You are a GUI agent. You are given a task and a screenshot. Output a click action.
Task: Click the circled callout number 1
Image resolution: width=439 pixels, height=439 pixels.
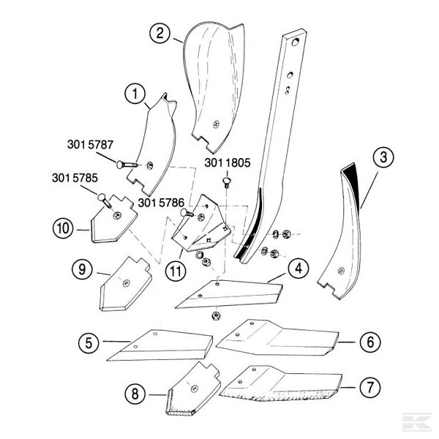pos(133,94)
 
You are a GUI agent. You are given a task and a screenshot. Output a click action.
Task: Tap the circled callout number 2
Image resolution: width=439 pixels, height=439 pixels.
pos(160,32)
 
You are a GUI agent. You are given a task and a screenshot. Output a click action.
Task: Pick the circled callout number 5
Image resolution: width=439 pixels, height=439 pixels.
pos(88,342)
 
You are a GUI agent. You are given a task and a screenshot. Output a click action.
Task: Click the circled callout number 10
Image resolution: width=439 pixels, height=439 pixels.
pos(63,228)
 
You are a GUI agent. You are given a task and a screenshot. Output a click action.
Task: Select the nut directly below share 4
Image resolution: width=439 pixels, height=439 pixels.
pos(217,315)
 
